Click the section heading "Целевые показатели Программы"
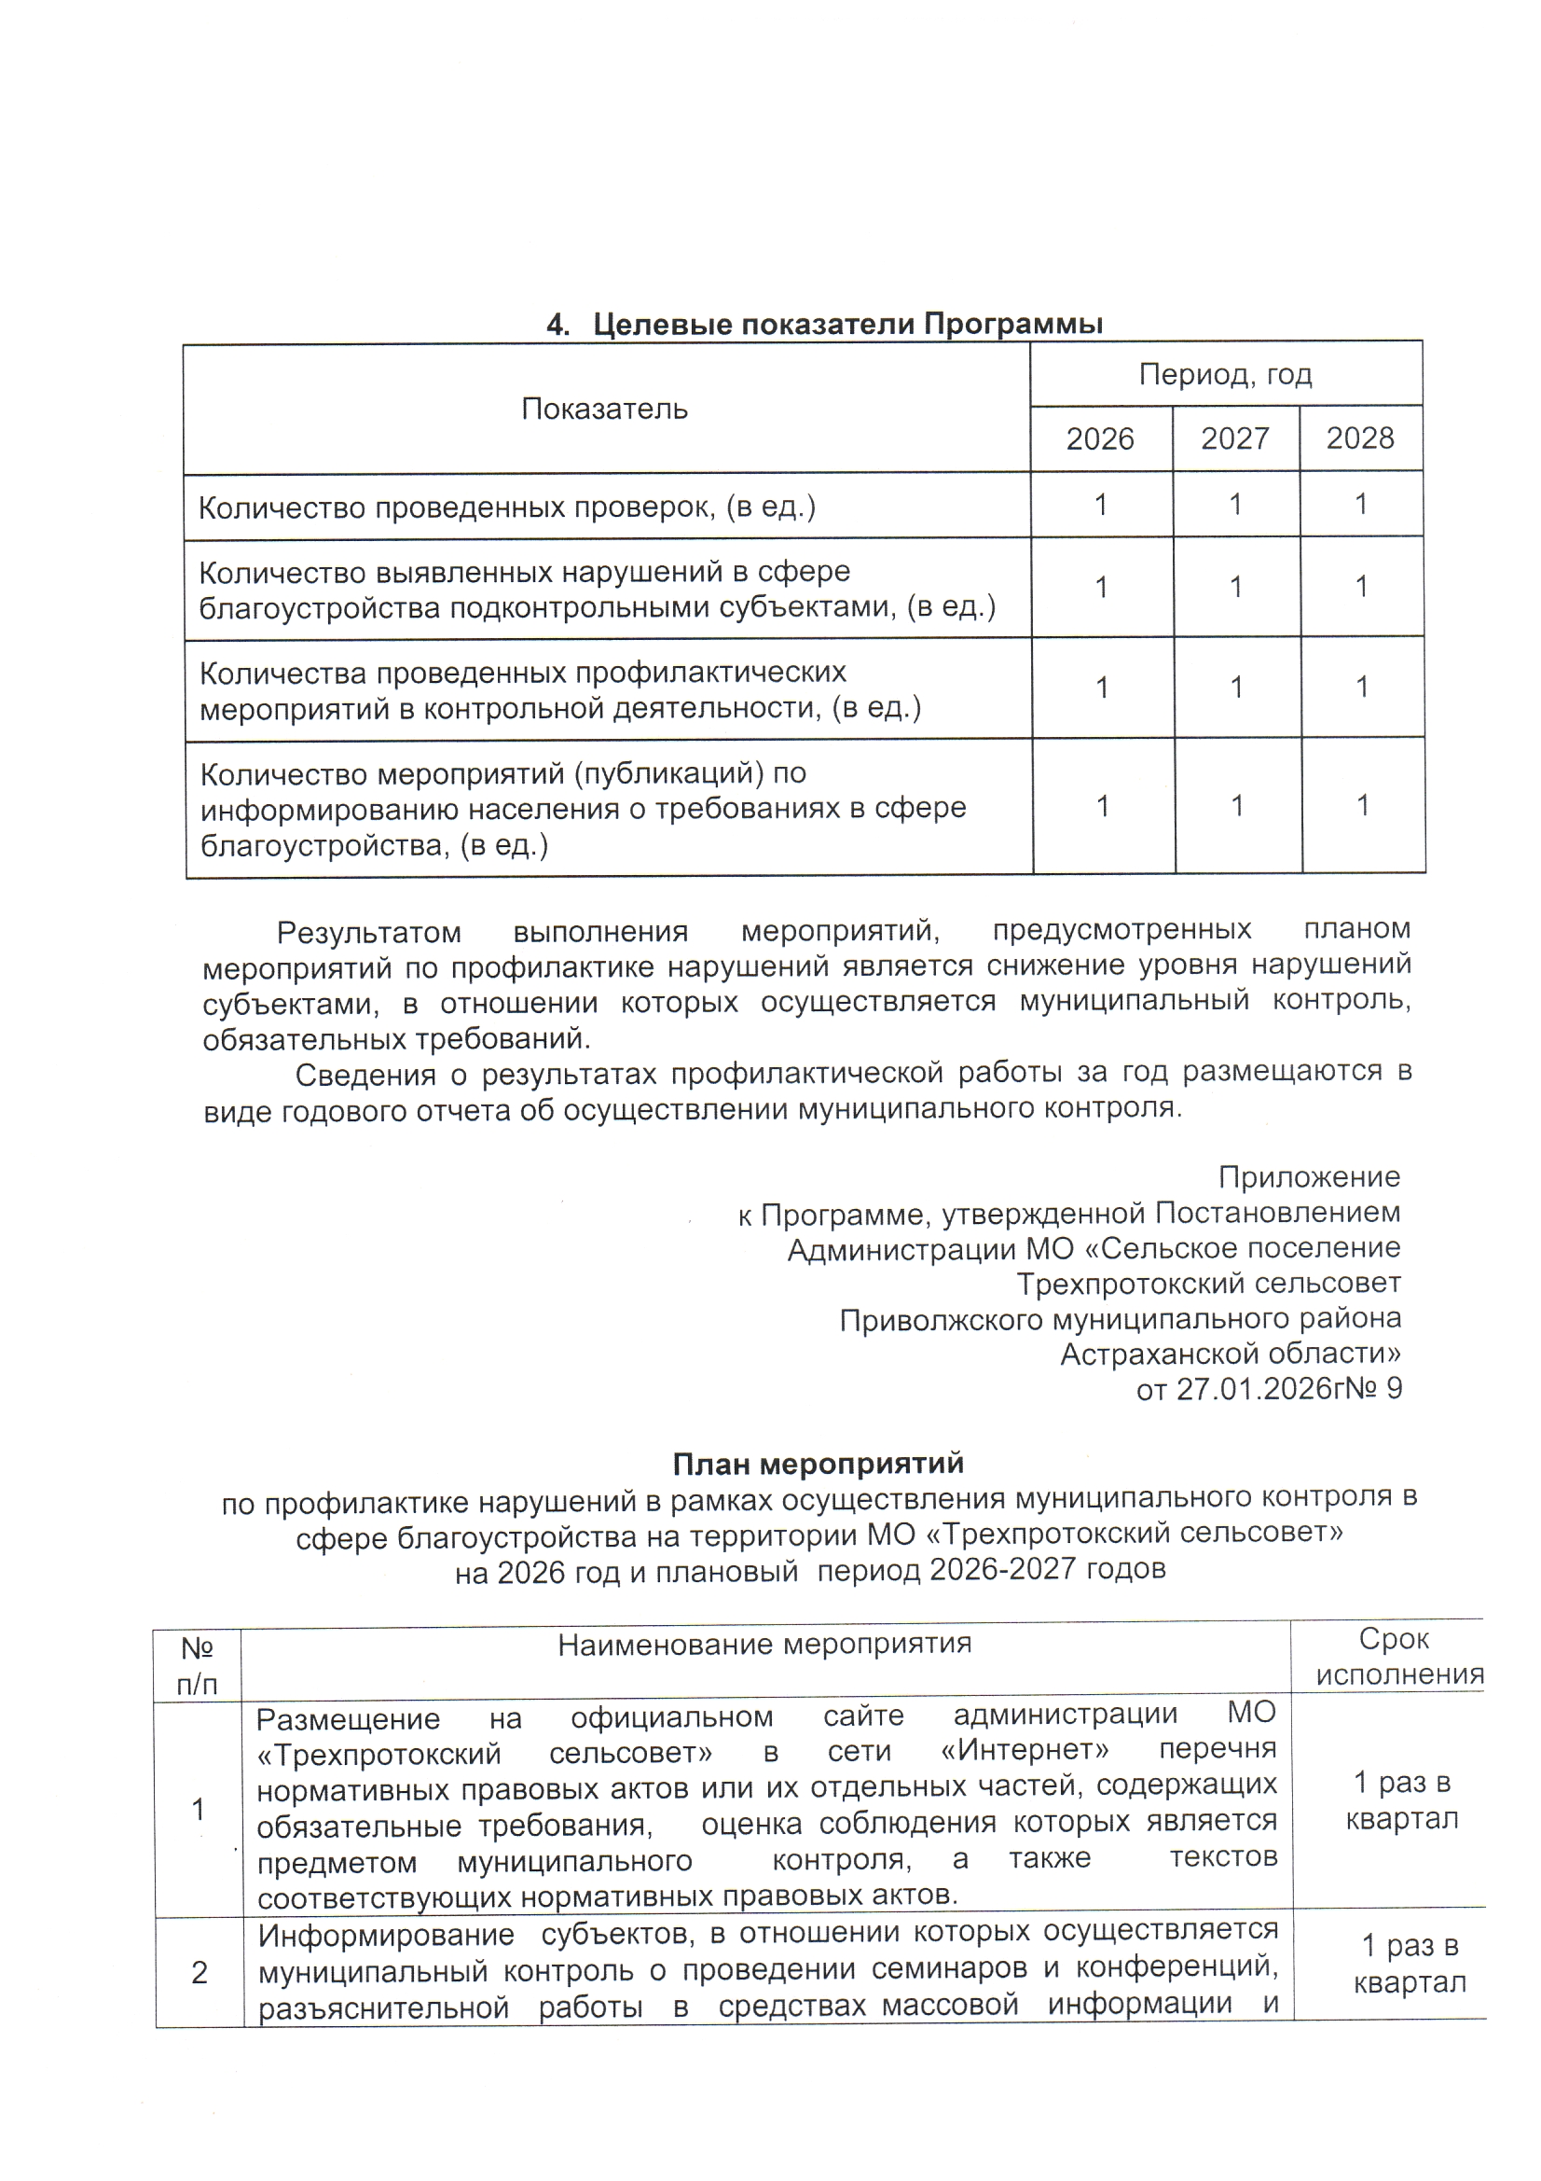click(x=823, y=325)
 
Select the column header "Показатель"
click(x=604, y=410)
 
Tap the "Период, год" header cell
click(x=1225, y=374)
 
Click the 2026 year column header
click(x=1099, y=438)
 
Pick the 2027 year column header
click(x=1234, y=438)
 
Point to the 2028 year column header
click(x=1359, y=438)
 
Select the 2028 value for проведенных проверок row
click(x=1360, y=505)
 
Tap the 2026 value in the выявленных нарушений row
click(x=1101, y=588)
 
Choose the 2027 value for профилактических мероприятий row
click(x=1236, y=687)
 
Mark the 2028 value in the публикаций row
click(x=1363, y=806)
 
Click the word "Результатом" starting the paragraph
click(x=368, y=933)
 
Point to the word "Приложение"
click(x=1308, y=1177)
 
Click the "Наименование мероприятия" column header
click(x=764, y=1644)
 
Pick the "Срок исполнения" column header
click(x=1398, y=1657)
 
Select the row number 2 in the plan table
click(x=200, y=1973)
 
